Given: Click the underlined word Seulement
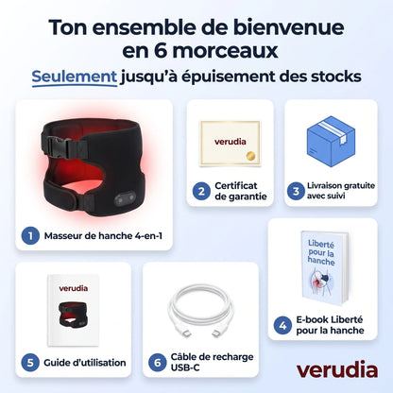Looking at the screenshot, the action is coord(75,77).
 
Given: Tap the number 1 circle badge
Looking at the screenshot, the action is coord(30,236).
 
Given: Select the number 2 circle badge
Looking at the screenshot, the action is coord(201,191).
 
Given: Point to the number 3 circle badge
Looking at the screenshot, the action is coord(296,191).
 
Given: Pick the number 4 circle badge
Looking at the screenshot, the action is coord(282,325).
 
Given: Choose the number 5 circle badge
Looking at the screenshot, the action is coord(30,363).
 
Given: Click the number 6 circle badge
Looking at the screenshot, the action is coord(158,363).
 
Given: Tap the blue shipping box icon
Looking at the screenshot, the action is coord(331,141).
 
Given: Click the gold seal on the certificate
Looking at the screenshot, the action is coord(251,156).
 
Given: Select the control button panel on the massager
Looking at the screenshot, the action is coord(125,198).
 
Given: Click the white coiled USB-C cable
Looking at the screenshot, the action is coord(200,311).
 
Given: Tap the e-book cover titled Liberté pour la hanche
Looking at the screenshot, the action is coord(324,268).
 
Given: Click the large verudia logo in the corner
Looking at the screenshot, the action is coord(337,369).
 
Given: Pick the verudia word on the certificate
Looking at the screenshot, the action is coord(231,142).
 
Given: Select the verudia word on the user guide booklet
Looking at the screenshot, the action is coord(74,288).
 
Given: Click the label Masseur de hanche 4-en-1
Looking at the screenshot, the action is coord(103,236).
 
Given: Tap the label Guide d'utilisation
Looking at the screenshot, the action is coord(85,363).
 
